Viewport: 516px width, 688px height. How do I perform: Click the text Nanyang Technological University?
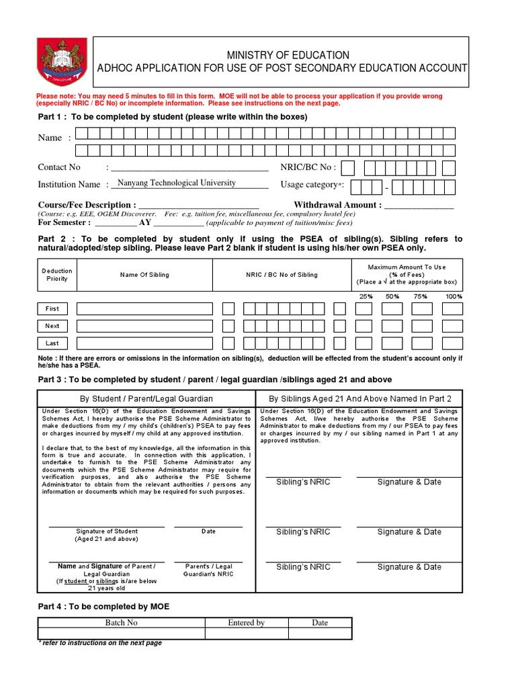(177, 183)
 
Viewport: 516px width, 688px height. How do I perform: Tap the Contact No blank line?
(189, 168)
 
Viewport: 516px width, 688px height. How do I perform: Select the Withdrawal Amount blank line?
(419, 206)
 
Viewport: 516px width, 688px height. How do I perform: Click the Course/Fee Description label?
(87, 205)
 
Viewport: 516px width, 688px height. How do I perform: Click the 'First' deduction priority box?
(52, 309)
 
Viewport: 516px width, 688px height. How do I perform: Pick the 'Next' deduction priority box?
(52, 326)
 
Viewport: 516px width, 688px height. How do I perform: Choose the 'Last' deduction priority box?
(52, 343)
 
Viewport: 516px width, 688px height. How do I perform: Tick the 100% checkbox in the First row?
(453, 309)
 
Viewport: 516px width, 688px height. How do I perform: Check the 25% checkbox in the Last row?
(363, 343)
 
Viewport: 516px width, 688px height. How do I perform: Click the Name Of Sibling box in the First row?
(144, 309)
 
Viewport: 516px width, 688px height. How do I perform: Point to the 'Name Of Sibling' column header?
(144, 275)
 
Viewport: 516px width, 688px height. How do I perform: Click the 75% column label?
(420, 296)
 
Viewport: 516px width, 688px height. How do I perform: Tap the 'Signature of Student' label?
(107, 531)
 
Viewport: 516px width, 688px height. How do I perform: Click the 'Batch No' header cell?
(121, 623)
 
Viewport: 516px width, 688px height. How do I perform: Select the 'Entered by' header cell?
(246, 623)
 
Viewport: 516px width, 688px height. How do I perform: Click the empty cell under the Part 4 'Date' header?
(320, 634)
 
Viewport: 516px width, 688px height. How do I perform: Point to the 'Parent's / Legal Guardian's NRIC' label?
(208, 570)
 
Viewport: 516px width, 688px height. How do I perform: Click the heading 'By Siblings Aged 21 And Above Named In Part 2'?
(360, 398)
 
